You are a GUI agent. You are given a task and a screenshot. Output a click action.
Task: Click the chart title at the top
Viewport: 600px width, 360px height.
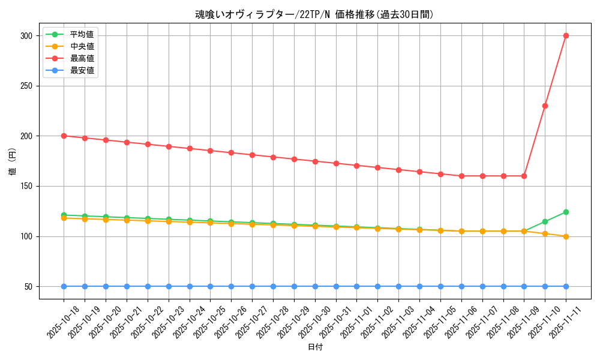point(314,14)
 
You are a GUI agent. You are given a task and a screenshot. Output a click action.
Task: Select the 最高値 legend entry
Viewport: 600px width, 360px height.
point(82,58)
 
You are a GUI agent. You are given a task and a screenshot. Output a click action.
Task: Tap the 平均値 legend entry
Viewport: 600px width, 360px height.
point(82,34)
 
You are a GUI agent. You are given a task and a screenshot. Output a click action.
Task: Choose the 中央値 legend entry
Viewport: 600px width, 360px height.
point(82,46)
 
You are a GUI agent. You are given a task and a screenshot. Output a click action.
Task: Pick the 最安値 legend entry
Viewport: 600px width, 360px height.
point(82,70)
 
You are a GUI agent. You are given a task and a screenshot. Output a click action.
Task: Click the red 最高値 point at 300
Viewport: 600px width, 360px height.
point(566,35)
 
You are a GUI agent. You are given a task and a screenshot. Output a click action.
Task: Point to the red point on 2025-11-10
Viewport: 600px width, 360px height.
point(545,106)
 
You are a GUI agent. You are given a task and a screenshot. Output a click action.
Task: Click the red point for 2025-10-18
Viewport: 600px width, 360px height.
point(64,136)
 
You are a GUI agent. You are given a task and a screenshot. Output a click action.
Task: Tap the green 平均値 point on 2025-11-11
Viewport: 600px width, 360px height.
point(566,212)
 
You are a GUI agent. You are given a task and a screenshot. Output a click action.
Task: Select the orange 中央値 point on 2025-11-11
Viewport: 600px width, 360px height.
point(566,236)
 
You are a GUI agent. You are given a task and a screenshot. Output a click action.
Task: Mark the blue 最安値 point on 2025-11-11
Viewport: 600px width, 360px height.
point(566,286)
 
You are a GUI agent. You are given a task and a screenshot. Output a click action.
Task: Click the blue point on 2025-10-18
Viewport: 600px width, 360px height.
point(64,286)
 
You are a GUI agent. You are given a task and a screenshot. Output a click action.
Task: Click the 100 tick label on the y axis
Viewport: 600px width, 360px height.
point(26,236)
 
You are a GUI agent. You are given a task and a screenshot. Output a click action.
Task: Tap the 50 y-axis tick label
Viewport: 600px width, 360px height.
point(28,286)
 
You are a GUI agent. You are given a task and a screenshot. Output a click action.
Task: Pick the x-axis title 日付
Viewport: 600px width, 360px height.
point(314,347)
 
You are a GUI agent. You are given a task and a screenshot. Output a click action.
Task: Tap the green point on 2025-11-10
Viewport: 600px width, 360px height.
point(545,221)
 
